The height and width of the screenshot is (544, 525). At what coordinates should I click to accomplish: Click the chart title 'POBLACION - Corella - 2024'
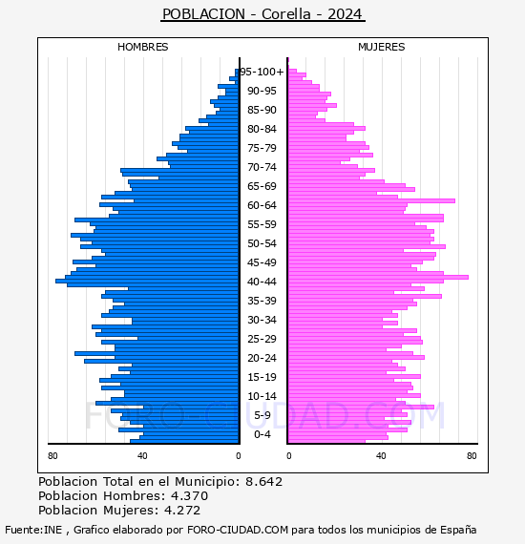click(262, 14)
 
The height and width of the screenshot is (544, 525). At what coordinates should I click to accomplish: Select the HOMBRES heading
click(142, 47)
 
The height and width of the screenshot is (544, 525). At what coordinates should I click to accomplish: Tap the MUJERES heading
click(382, 47)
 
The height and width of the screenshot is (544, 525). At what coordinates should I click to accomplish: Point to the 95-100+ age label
click(262, 72)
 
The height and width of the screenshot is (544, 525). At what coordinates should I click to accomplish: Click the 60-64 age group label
click(262, 205)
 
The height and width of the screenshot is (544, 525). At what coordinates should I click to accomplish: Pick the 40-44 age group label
click(262, 282)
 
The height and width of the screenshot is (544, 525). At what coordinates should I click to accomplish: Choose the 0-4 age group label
click(262, 434)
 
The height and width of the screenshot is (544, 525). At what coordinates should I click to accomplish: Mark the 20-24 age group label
click(262, 358)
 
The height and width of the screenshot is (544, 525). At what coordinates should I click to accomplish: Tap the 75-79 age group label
click(262, 148)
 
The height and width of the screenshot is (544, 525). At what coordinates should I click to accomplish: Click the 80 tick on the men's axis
click(52, 456)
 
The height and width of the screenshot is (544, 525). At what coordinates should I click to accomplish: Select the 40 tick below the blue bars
click(142, 456)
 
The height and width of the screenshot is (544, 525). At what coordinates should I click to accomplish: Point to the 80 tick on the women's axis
click(472, 456)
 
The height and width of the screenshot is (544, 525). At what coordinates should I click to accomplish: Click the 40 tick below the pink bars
click(381, 456)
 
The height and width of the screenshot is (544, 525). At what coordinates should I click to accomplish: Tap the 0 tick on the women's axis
click(289, 456)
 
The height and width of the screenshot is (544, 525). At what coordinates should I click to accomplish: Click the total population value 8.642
click(264, 482)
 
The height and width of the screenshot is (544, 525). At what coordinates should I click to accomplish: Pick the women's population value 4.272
click(182, 511)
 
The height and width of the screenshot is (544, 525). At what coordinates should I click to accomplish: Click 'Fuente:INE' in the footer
click(33, 530)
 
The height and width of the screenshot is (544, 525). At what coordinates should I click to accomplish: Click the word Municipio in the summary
click(206, 482)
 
